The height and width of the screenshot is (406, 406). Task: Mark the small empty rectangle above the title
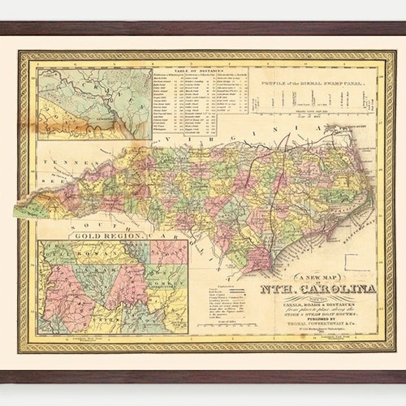click(356, 262)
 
